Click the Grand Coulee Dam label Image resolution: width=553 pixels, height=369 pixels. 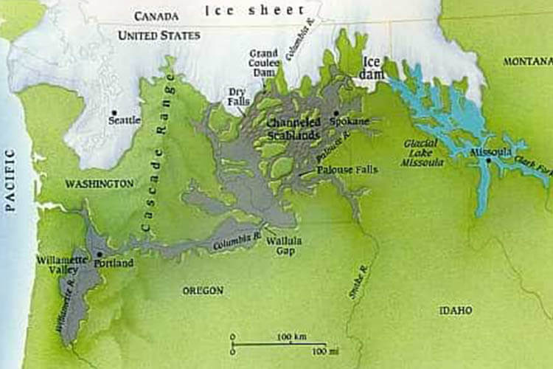263,61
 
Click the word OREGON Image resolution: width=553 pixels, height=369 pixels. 203,291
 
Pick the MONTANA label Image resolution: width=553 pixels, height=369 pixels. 527,61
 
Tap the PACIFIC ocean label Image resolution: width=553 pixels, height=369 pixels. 10,180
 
